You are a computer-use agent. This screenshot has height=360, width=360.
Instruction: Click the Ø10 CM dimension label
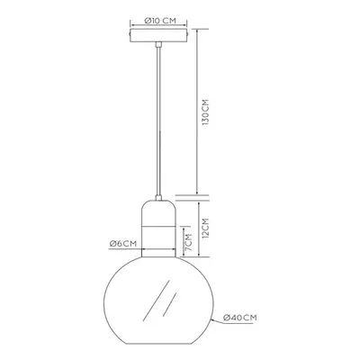pyautogui.click(x=160, y=21)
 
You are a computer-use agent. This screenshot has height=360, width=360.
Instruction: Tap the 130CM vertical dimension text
pyautogui.click(x=205, y=112)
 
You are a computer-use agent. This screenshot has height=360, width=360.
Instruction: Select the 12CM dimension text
pyautogui.click(x=205, y=229)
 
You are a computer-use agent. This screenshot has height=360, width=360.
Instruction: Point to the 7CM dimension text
pyautogui.click(x=188, y=243)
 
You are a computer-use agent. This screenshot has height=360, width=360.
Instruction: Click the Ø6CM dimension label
pyautogui.click(x=123, y=244)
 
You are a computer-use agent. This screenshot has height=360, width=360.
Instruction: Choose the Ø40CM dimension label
pyautogui.click(x=240, y=318)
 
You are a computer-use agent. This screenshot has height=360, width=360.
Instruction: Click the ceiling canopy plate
pyautogui.click(x=158, y=35)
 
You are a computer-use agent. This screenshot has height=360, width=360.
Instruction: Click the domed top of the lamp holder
pyautogui.click(x=158, y=213)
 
